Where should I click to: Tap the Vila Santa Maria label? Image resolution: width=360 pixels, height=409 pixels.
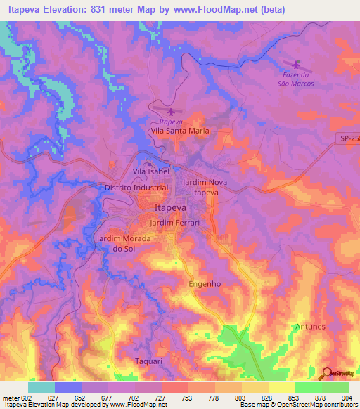point(179,131)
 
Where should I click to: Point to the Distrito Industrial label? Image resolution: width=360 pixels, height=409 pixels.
point(136,188)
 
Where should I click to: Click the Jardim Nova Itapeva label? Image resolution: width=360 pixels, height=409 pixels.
point(205,187)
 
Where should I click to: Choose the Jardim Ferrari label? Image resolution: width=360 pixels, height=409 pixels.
point(176,223)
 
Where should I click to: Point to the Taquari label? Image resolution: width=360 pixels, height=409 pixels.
point(148,361)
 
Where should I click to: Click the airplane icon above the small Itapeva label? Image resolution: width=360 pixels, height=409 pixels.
point(169,111)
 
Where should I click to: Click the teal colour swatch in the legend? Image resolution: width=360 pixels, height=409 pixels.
point(41,387)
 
